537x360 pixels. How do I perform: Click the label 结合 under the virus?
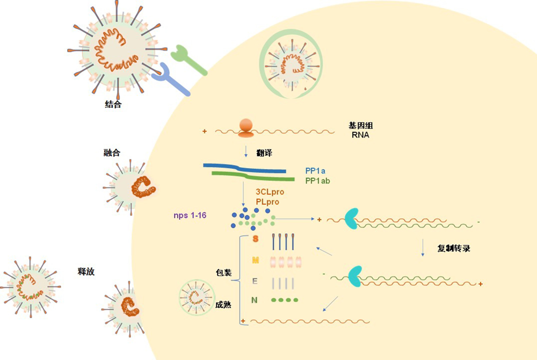point(113,105)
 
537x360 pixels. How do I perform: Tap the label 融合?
point(111,153)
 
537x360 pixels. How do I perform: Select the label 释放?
point(86,272)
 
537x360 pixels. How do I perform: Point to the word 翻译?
point(265,153)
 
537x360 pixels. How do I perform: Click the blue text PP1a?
point(316,171)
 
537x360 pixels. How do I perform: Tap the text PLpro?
point(268,201)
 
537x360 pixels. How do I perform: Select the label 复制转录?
point(454,249)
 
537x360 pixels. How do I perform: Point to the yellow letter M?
point(256,261)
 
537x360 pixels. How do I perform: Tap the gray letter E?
point(255,280)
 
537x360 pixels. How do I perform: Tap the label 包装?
point(223,273)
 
